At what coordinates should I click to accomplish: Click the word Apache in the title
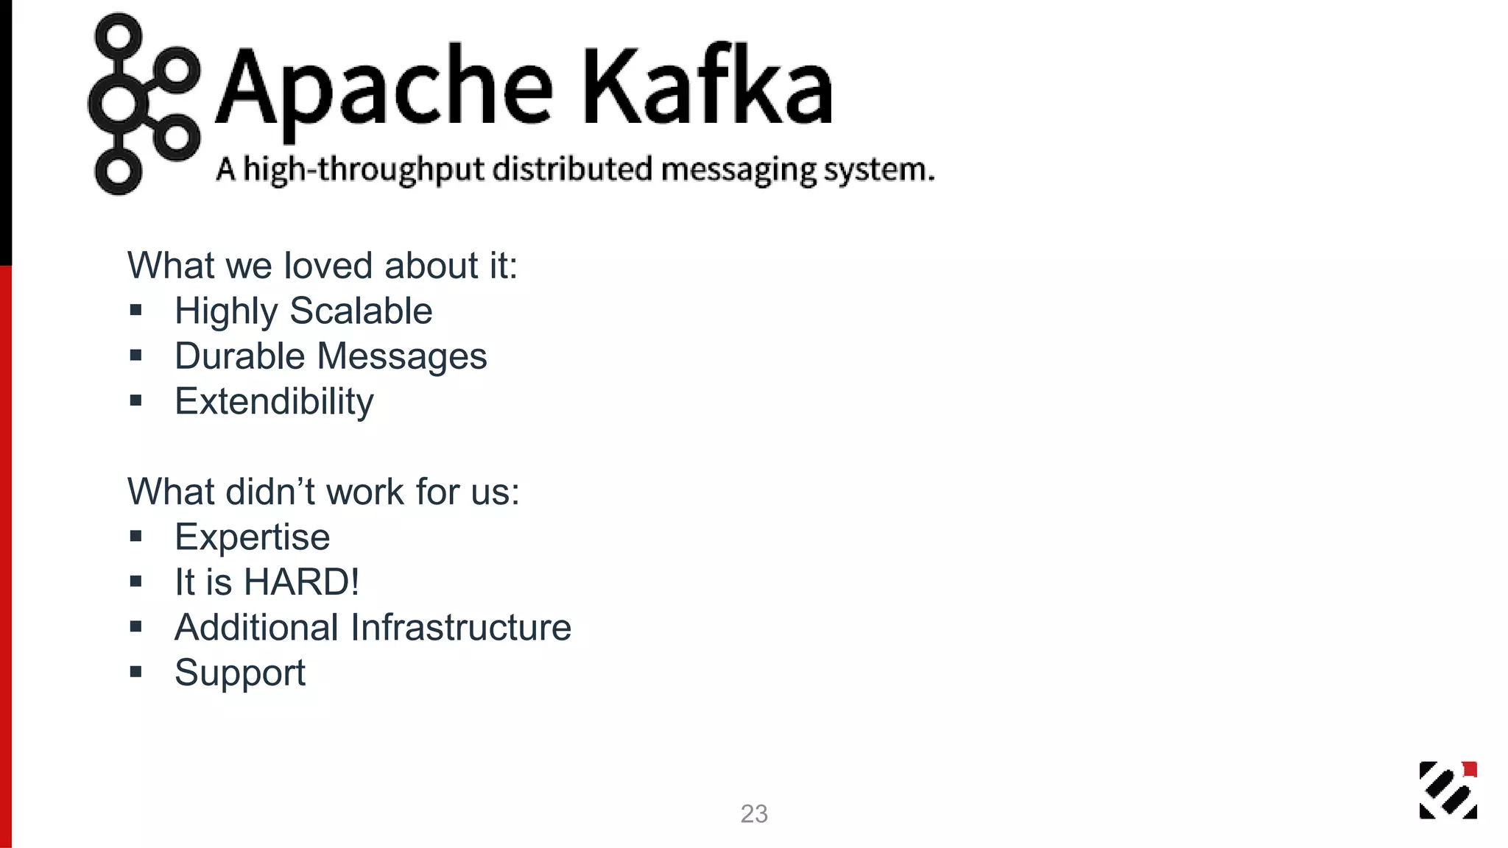[x=383, y=87]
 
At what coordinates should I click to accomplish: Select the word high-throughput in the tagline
[x=364, y=170]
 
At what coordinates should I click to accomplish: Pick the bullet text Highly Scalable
[x=303, y=311]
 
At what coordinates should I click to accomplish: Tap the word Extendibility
[x=274, y=402]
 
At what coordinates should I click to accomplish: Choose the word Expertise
[x=252, y=537]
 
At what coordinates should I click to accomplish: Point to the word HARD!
[x=302, y=582]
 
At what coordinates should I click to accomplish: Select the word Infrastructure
[x=461, y=628]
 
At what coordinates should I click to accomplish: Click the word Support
[x=239, y=674]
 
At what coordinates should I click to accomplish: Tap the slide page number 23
[x=754, y=814]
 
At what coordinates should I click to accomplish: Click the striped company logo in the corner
[x=1448, y=790]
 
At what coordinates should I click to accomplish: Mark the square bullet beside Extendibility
[x=135, y=401]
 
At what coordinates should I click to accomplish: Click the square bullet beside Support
[x=135, y=671]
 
